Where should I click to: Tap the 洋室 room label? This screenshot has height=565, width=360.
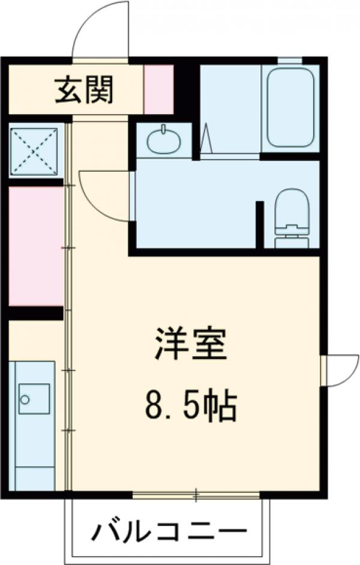(x=191, y=344)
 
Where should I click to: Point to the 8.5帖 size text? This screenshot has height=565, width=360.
(x=191, y=406)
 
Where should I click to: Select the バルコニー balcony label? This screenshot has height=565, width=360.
(x=170, y=531)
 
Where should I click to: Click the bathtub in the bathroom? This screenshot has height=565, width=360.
(x=290, y=107)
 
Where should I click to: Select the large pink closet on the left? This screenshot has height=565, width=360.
(x=36, y=246)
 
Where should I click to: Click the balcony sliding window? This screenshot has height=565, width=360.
(x=196, y=495)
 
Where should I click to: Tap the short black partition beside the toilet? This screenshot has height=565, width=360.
(x=260, y=225)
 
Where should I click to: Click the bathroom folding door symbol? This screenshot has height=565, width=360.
(x=207, y=139)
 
